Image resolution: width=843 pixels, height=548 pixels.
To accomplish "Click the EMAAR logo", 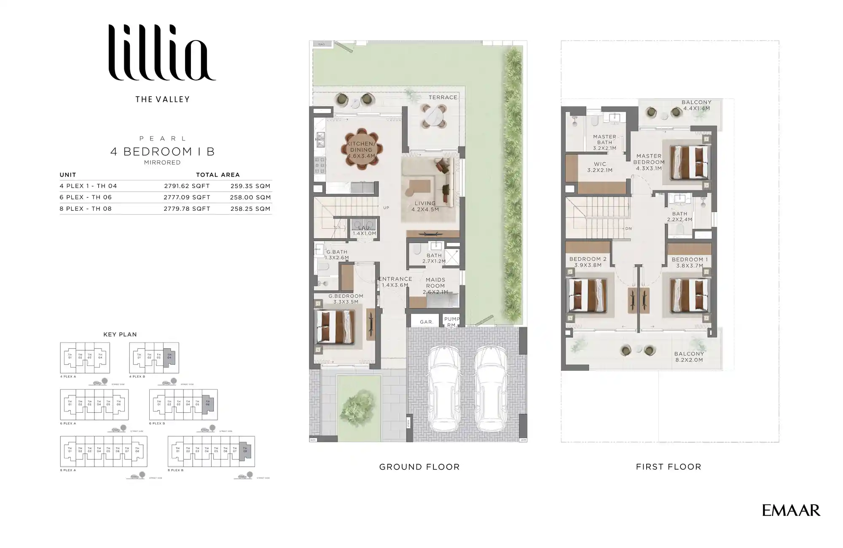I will [x=791, y=510].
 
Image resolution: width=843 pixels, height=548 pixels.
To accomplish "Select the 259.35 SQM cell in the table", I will [x=250, y=186].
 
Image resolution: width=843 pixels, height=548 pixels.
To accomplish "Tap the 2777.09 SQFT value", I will [x=187, y=197].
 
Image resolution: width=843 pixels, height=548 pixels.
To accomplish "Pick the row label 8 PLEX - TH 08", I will [x=86, y=209].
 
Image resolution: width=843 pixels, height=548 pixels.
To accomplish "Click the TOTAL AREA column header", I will [x=217, y=175].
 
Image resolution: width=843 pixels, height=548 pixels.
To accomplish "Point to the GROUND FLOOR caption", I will [x=419, y=467].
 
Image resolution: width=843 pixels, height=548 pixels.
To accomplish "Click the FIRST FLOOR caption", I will [x=668, y=467].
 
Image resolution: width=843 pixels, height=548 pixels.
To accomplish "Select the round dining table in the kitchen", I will [x=362, y=149].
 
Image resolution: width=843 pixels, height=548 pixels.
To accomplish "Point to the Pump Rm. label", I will [x=452, y=322].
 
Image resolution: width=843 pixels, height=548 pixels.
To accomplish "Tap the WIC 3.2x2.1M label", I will [x=600, y=167].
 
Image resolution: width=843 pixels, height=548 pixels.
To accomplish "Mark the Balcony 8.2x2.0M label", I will [x=689, y=357].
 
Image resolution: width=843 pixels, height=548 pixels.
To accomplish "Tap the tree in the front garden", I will [x=358, y=406].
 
